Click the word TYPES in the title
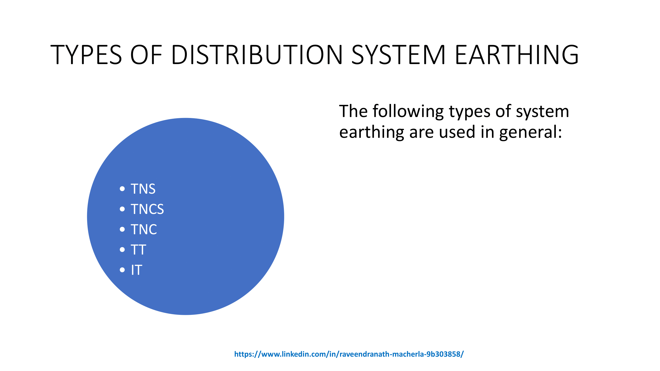point(86,54)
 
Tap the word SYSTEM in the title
point(398,54)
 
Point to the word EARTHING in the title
point(516,54)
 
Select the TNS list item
point(143,189)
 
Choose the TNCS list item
point(147,209)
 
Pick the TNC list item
point(144,230)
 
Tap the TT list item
point(138,250)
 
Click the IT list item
point(137,270)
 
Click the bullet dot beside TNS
point(122,189)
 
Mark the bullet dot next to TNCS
point(122,209)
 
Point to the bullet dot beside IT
point(122,270)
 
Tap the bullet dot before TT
point(122,250)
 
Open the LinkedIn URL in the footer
point(349,354)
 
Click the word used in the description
point(457,132)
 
